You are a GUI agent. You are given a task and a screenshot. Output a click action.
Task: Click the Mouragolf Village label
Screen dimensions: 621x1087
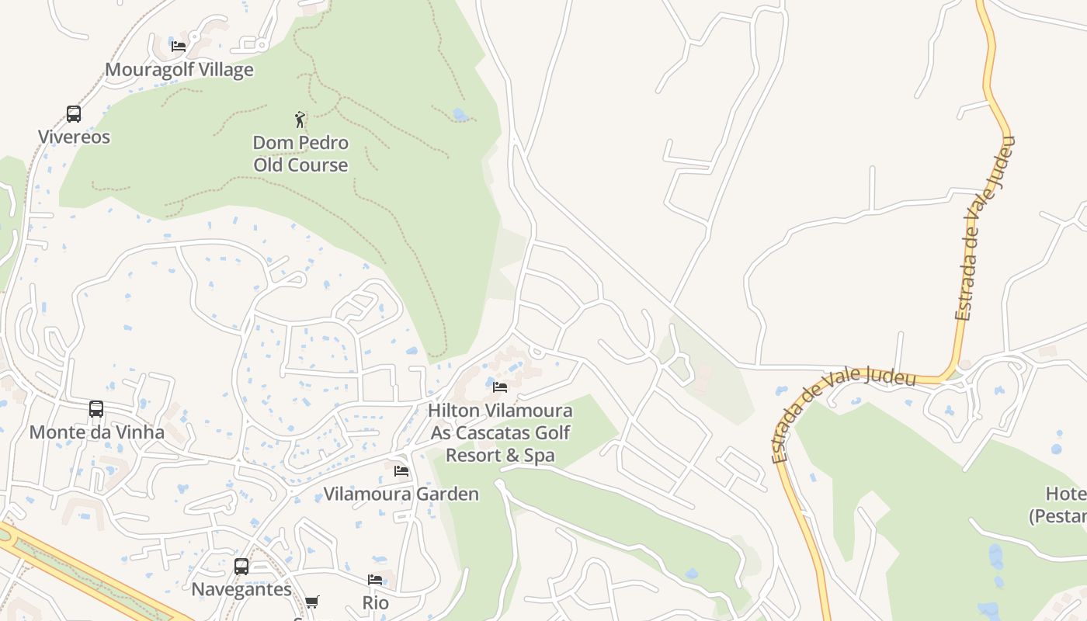(x=179, y=70)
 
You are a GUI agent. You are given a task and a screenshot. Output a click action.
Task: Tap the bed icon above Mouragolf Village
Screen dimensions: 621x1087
(x=179, y=46)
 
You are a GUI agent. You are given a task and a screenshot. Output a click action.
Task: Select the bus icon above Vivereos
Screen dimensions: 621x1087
(x=74, y=114)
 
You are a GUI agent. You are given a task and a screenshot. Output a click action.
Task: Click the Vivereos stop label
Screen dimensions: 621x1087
(x=75, y=137)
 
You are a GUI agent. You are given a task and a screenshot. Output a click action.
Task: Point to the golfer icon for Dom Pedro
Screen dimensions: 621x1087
(x=300, y=120)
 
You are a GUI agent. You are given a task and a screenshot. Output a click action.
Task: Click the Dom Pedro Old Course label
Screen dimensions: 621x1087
(x=300, y=154)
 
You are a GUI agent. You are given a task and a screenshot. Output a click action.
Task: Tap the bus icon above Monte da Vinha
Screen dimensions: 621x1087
(x=96, y=409)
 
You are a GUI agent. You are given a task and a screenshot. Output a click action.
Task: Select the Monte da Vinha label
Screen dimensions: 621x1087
(x=97, y=432)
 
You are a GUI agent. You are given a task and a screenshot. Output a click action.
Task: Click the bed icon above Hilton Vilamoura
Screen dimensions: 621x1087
(x=500, y=387)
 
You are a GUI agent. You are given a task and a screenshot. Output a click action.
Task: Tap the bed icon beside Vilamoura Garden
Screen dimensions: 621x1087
(x=401, y=470)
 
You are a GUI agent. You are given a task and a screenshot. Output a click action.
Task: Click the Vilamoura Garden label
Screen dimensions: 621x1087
(x=401, y=494)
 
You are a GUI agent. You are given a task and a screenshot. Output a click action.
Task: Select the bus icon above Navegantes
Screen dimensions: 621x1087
(x=241, y=567)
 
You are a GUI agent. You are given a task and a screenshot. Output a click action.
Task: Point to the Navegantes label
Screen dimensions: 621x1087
(x=241, y=589)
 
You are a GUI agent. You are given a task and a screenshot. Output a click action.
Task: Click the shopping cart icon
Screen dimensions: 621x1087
(x=312, y=602)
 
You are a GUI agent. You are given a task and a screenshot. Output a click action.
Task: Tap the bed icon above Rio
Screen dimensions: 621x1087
(x=375, y=580)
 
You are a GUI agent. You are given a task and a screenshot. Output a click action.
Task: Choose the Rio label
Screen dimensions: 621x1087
(x=376, y=603)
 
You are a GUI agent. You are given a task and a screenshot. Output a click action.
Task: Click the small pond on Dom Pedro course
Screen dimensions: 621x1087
(x=460, y=115)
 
